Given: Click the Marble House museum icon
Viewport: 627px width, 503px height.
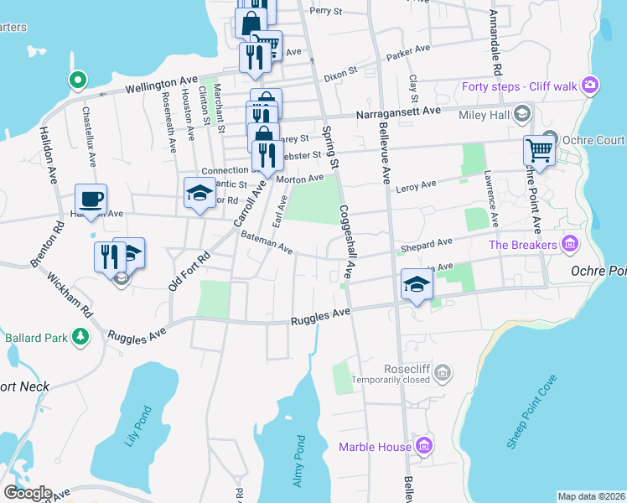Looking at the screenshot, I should coord(424,446).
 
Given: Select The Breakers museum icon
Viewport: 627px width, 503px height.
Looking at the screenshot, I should coord(570,245).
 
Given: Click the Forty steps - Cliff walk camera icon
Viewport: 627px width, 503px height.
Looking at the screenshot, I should coord(591,85).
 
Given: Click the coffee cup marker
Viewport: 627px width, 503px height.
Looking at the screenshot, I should coord(91,199).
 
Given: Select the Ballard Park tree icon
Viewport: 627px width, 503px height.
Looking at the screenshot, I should coord(80,337).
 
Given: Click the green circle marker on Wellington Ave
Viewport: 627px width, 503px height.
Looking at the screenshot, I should coord(77,80).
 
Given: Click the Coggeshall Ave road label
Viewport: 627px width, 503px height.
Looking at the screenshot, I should coord(350,243).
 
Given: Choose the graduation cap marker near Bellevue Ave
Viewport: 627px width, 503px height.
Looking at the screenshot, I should coord(417,283).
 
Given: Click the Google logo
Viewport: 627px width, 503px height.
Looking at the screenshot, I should coord(27,493).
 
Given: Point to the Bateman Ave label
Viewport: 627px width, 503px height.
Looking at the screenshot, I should coord(267,244).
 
